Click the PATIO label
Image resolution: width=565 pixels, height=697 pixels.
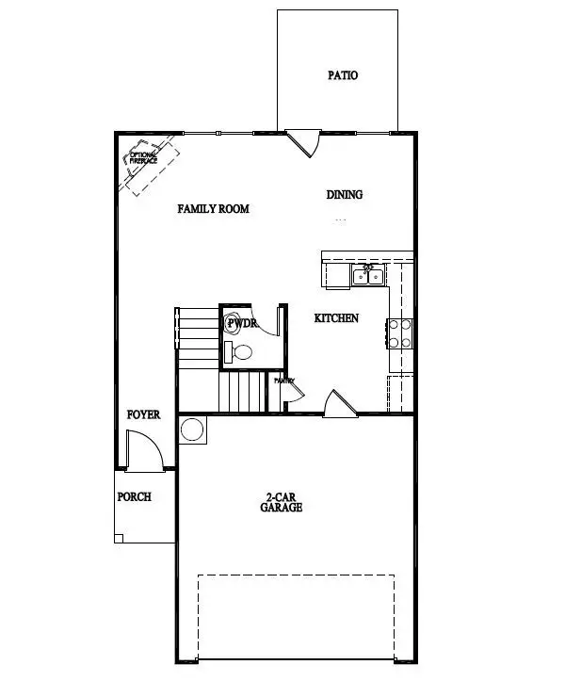[x=343, y=75]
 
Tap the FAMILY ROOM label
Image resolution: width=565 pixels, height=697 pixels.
[x=214, y=208]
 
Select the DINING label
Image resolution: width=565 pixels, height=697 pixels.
[x=345, y=195]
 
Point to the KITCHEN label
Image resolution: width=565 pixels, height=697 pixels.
[x=336, y=318]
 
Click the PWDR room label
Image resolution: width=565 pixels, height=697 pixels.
[x=242, y=323]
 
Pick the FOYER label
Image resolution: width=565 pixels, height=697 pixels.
[x=144, y=414]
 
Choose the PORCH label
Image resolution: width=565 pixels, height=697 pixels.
[x=134, y=496]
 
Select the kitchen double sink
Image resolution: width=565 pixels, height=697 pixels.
[x=365, y=274]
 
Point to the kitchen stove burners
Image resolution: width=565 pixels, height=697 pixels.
[x=398, y=332]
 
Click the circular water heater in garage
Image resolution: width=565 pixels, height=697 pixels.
[x=193, y=430]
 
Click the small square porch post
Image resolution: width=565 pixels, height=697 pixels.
[x=119, y=538]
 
